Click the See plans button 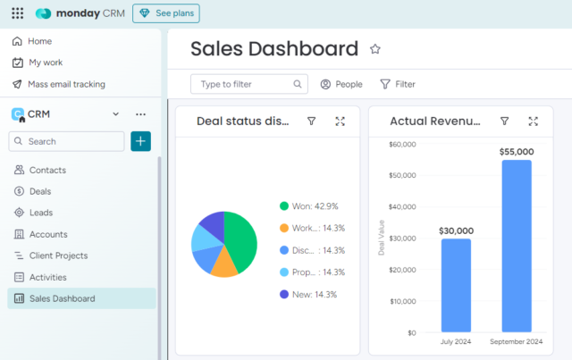click(166, 13)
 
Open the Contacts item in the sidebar click(47, 170)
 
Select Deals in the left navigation click(40, 191)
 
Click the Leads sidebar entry click(41, 213)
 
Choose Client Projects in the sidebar click(58, 255)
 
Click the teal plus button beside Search click(140, 141)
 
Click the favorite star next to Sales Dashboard click(375, 49)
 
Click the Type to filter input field click(243, 84)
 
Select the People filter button click(341, 84)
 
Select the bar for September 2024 click(517, 246)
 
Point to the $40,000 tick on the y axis click(400, 207)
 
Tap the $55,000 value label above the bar click(517, 152)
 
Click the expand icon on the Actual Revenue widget click(533, 121)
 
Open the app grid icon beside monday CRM click(17, 13)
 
